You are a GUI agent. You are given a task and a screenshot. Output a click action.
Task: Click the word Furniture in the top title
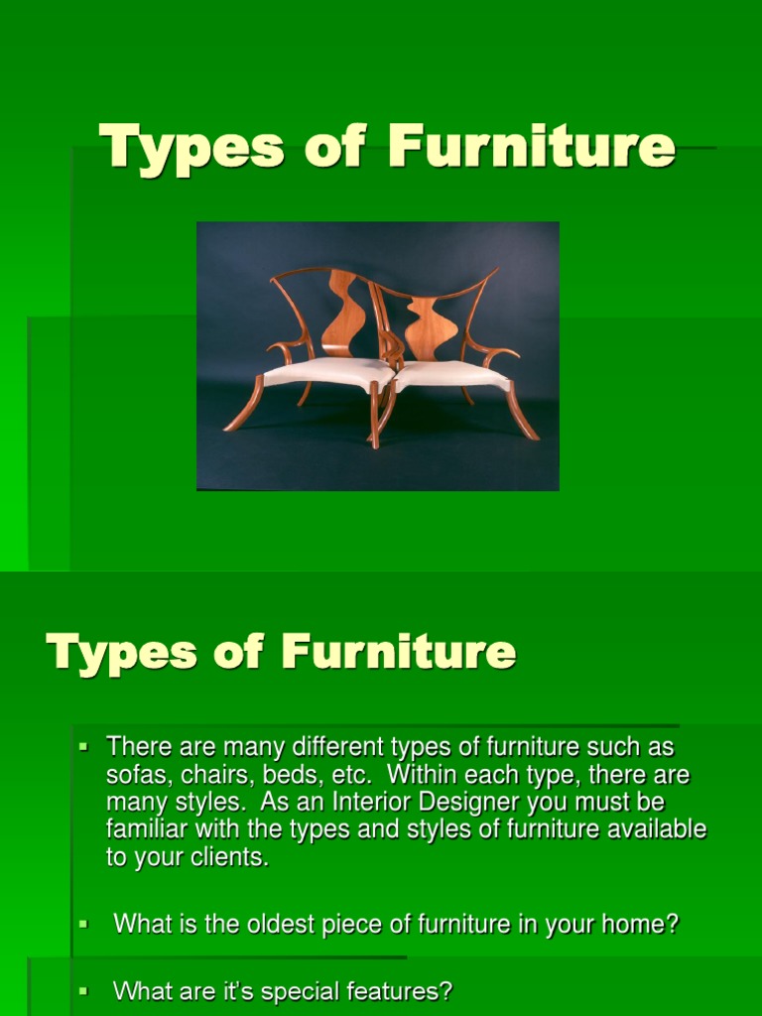pyautogui.click(x=531, y=146)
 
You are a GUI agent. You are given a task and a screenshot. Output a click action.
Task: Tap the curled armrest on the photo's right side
pyautogui.click(x=498, y=352)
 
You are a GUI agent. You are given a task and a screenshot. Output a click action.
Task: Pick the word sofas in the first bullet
pyautogui.click(x=134, y=774)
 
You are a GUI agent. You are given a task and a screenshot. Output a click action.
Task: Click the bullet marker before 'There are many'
pyautogui.click(x=84, y=744)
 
